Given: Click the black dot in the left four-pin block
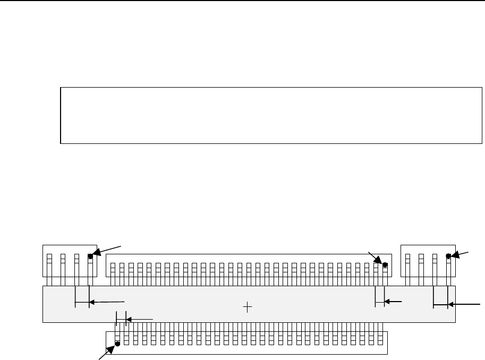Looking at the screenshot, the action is tap(90, 256).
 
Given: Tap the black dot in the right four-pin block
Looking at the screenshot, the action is tap(448, 256).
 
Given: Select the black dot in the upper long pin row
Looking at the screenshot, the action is tap(385, 264).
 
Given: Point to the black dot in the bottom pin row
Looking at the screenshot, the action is tap(117, 344).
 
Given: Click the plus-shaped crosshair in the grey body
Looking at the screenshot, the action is tap(247, 307).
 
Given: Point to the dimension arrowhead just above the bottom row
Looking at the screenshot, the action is tap(128, 319).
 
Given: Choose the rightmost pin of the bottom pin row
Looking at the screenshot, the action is tap(381, 335).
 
